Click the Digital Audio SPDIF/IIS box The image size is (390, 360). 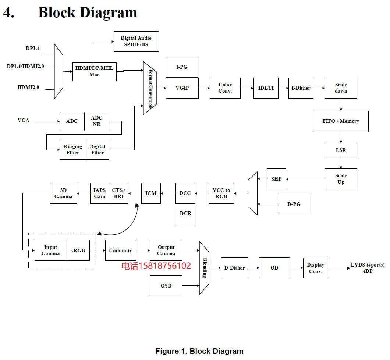(136, 41)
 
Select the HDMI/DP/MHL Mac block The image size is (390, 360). (94, 71)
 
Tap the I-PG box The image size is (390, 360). (182, 67)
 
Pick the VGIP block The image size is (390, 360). (182, 88)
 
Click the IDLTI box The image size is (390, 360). (266, 88)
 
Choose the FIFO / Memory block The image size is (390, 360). (341, 121)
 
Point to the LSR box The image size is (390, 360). (341, 150)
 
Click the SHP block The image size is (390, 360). (276, 179)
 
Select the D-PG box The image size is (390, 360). (294, 204)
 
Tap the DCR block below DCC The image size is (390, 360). (185, 213)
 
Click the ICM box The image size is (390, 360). (151, 193)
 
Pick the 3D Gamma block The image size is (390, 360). (63, 193)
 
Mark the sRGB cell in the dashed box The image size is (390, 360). (78, 250)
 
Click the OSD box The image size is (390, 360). (166, 286)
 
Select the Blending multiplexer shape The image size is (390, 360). (204, 268)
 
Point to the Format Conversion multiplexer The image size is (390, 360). (150, 88)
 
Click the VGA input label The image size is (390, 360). (24, 120)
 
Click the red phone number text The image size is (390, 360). (156, 266)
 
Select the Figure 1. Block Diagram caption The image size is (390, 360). (199, 351)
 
